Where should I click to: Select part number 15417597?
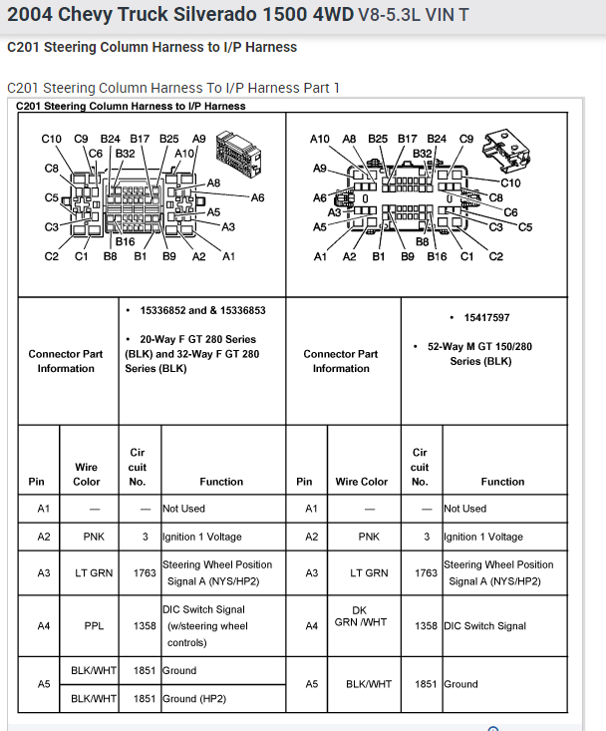(486, 318)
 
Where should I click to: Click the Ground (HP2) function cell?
(196, 699)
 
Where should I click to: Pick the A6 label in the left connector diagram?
(257, 197)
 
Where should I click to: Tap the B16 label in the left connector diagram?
(125, 241)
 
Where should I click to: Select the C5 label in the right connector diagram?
(525, 227)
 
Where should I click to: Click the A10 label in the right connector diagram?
(319, 140)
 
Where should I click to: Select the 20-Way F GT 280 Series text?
(191, 346)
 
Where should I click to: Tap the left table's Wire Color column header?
(87, 474)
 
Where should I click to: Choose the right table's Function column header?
(502, 482)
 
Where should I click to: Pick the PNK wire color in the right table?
(369, 537)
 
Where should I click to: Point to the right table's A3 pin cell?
(312, 573)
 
